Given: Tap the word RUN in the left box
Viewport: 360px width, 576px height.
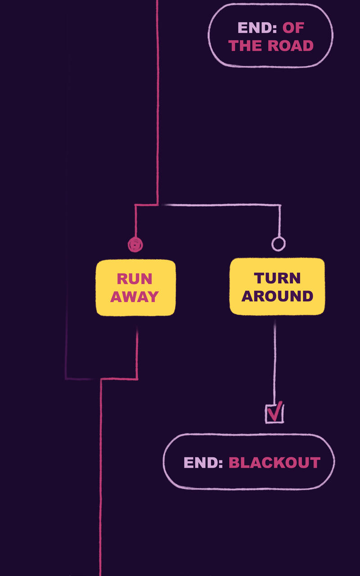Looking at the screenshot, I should point(135,279).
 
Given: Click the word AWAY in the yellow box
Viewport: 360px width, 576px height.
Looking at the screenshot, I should point(135,297).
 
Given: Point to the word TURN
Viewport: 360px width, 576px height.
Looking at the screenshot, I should point(277,278).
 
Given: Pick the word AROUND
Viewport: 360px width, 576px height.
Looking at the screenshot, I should point(277,296).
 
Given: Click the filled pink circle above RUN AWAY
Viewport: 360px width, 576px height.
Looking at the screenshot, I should point(135,245).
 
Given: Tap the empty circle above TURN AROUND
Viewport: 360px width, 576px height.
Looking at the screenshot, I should point(279,244).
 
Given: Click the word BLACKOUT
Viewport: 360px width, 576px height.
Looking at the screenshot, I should point(274,463).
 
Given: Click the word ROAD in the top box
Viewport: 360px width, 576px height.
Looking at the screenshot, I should point(290,45).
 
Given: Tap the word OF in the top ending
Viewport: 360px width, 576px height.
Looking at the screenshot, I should point(293,28).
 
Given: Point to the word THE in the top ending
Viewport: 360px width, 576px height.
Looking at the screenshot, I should point(245,45).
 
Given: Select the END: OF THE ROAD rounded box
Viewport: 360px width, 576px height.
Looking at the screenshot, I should point(270,58).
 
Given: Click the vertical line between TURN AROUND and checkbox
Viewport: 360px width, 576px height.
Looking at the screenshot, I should point(274,360).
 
